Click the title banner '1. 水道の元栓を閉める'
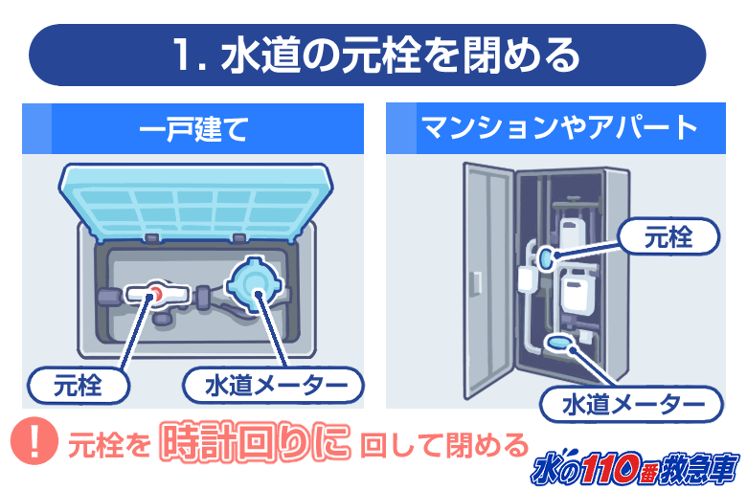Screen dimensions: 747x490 coord(368,56)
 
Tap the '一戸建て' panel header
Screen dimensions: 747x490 coord(192,128)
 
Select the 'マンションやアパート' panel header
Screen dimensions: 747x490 coord(556,128)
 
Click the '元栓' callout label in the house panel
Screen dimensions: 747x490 coord(79,386)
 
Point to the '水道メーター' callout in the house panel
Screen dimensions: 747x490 coord(274,386)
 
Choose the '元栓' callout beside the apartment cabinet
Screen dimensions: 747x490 coord(668,236)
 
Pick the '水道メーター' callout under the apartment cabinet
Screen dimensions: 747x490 coord(632,404)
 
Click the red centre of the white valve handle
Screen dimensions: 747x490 coord(155,294)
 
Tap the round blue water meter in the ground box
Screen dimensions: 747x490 coord(254,285)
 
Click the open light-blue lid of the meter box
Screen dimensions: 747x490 coord(195,201)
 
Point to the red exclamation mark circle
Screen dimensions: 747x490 coord(34,441)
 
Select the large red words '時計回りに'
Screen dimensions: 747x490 coord(255,442)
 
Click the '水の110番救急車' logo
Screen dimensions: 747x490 coord(636,468)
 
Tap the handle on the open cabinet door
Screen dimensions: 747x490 coord(476,284)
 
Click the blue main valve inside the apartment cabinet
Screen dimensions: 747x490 coord(544,257)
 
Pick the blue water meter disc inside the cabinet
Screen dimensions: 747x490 coord(558,342)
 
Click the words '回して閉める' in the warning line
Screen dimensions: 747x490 coord(444,446)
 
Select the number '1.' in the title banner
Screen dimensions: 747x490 coord(190,56)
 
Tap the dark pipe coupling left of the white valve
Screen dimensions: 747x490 coord(108,296)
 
